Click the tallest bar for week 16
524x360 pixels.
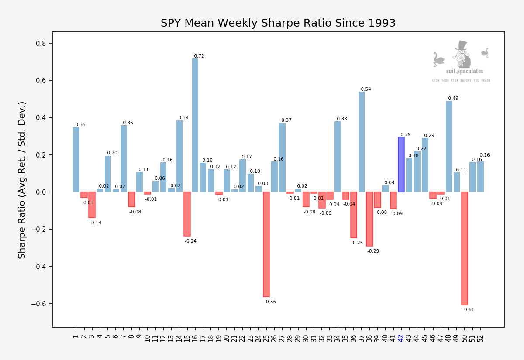pyautogui.click(x=195, y=125)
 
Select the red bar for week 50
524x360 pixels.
pyautogui.click(x=465, y=248)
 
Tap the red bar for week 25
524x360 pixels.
pyautogui.click(x=266, y=244)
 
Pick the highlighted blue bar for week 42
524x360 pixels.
pyautogui.click(x=401, y=165)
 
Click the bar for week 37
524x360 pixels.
pyautogui.click(x=362, y=142)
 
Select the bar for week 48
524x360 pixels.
pyautogui.click(x=449, y=146)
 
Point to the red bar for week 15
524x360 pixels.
pyautogui.click(x=187, y=214)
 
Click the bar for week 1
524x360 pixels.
pyautogui.click(x=76, y=159)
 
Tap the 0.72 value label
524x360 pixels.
pyautogui.click(x=199, y=56)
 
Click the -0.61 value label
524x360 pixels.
pyautogui.click(x=469, y=310)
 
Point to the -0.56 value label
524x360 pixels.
pyautogui.click(x=270, y=302)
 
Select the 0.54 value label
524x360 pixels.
pyautogui.click(x=366, y=89)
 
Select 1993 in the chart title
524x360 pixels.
pyautogui.click(x=381, y=24)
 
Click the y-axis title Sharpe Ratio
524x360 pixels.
pyautogui.click(x=22, y=180)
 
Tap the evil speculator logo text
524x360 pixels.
pyautogui.click(x=464, y=72)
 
